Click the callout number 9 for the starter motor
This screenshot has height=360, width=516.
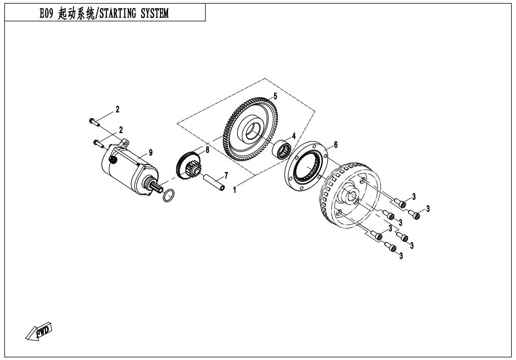tap(151, 152)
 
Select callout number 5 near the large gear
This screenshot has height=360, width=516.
tap(275, 96)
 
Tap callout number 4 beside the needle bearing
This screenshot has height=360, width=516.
tap(294, 135)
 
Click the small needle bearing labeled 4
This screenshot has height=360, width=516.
tap(284, 147)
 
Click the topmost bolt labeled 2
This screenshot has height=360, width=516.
tap(95, 122)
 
